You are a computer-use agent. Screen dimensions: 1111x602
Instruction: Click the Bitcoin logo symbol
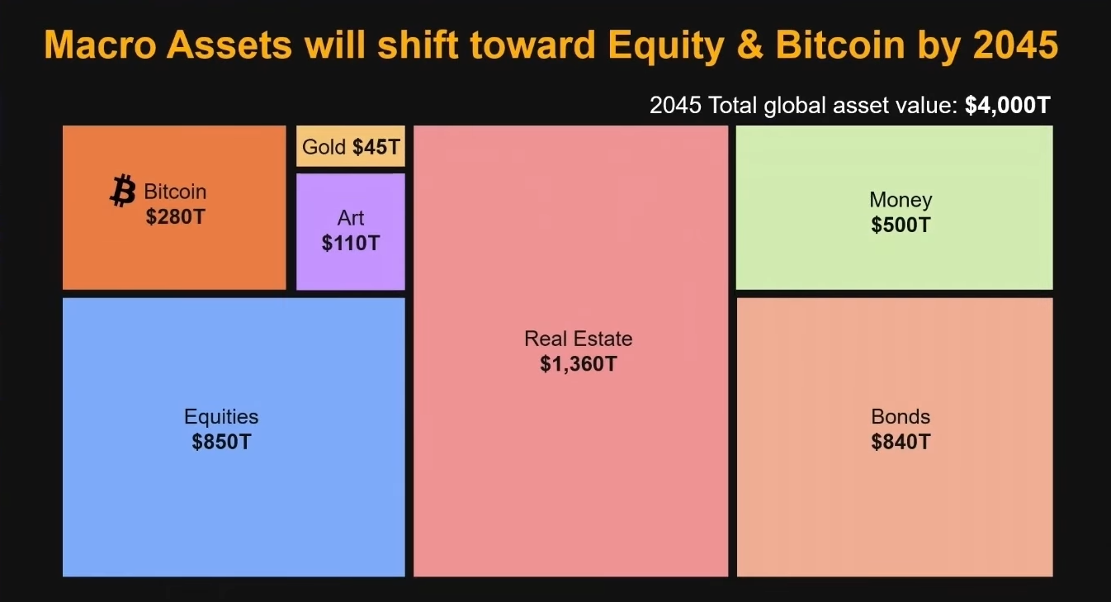(x=122, y=191)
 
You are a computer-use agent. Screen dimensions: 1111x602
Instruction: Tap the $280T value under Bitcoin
(x=176, y=217)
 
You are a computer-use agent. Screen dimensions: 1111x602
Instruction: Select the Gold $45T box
(x=351, y=146)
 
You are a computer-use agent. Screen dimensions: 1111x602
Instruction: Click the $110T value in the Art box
(x=351, y=243)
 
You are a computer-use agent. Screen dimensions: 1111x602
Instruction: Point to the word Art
(x=351, y=218)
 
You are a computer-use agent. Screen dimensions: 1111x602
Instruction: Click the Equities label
(x=221, y=417)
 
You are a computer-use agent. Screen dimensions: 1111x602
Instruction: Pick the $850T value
(x=222, y=442)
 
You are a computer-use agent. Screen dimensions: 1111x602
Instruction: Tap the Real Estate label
(x=579, y=339)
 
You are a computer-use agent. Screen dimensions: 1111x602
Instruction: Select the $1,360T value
(x=579, y=364)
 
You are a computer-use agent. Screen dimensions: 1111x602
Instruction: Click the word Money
(x=901, y=200)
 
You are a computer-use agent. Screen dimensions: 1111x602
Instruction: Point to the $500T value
(x=901, y=225)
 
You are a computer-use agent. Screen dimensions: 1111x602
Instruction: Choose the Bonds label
(x=901, y=416)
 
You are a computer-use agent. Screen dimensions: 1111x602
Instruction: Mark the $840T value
(x=901, y=442)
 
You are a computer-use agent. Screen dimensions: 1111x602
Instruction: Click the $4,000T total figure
(x=1007, y=105)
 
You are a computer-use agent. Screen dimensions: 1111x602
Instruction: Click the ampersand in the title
(x=750, y=45)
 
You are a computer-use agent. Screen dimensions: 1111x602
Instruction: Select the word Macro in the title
(x=100, y=45)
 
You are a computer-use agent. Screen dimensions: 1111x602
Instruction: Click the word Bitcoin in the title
(x=840, y=45)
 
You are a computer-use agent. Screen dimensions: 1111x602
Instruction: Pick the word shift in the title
(x=418, y=45)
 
